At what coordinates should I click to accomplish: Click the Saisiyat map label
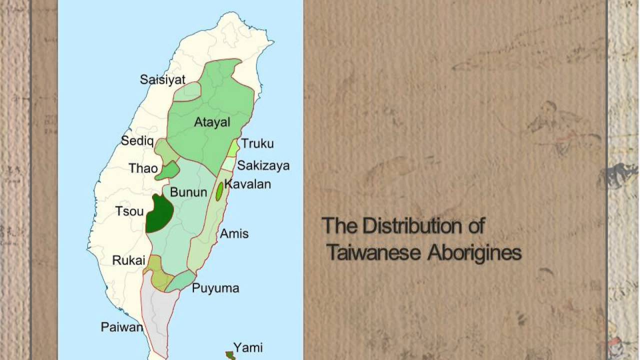point(162,79)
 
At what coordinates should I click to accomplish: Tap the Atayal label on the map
point(212,122)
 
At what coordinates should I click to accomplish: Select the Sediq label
point(137,141)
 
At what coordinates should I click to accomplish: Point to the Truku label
point(257,144)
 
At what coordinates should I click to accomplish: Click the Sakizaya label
point(263,165)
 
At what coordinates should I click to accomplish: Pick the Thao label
point(143,168)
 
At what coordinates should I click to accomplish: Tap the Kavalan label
point(247,184)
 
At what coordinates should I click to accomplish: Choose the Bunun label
point(188,192)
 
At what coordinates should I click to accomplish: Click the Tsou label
point(129,211)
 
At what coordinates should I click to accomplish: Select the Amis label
point(234,233)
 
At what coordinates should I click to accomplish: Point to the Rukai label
point(128,260)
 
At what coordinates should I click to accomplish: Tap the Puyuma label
point(215,288)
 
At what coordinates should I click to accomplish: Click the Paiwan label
point(122,327)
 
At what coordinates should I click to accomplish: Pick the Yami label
point(248,347)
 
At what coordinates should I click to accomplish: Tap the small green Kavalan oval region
point(219,192)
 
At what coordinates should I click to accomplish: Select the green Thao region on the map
point(168,170)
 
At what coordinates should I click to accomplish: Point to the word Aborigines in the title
point(473,253)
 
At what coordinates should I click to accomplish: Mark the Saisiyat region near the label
point(187,91)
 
